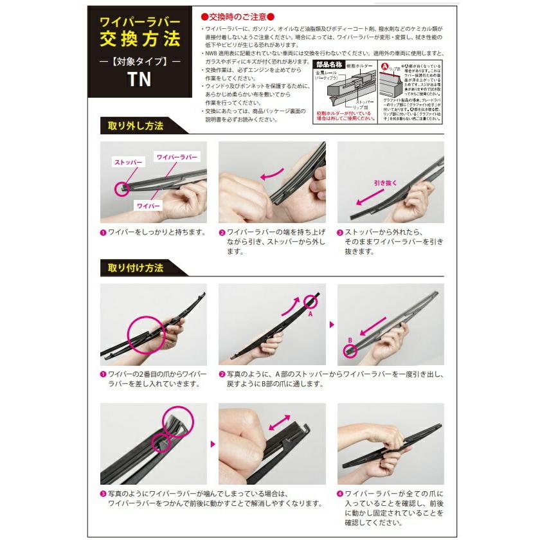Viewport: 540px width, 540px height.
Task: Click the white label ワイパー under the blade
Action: tap(148, 204)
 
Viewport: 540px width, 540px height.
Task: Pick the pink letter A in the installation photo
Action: tap(309, 315)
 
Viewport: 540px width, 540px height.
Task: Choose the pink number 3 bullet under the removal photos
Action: tap(341, 232)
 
